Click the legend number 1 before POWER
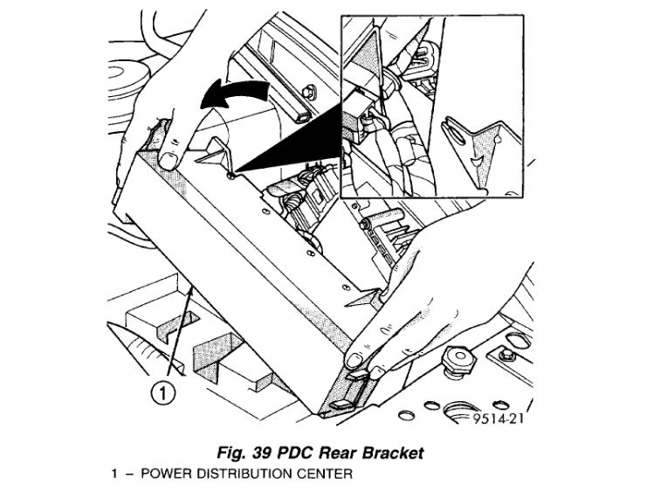pos(114,474)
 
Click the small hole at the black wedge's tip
pos(229,175)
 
